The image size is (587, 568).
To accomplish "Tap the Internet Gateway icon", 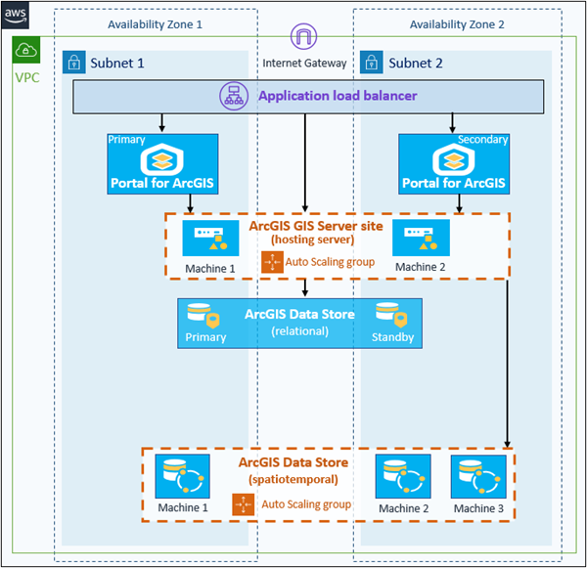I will (304, 38).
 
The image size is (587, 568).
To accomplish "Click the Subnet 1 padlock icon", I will (73, 64).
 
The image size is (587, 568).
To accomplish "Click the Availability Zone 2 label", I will (457, 23).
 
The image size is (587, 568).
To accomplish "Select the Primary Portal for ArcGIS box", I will (162, 162).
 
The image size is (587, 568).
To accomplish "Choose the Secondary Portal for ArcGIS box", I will (453, 162).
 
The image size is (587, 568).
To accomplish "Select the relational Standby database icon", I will (391, 315).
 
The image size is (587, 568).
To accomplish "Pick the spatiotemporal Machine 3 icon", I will (478, 478).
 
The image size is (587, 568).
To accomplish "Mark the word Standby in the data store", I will (392, 337).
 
